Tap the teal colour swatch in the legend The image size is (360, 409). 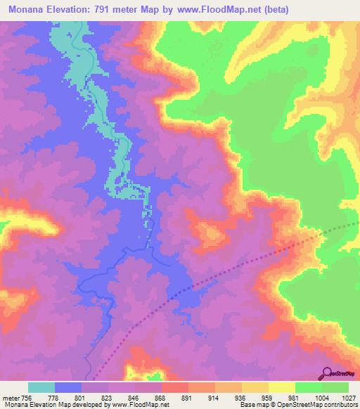coord(41,387)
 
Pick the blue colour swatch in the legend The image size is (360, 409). coord(68,387)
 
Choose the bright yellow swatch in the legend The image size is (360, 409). coord(281,387)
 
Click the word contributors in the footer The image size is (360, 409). coord(342,405)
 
